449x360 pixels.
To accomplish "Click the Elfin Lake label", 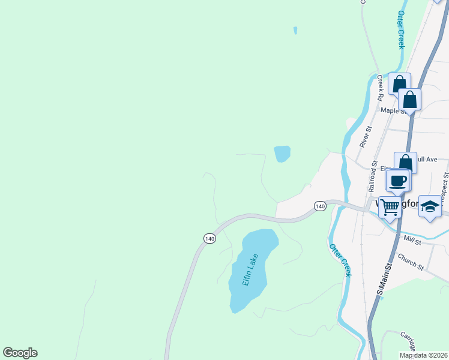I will click(x=250, y=271).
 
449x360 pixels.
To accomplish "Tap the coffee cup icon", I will click(x=397, y=181).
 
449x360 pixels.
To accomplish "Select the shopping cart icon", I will click(x=390, y=209).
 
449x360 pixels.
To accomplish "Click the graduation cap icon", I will click(x=429, y=207).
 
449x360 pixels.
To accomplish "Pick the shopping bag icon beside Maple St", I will click(x=409, y=100).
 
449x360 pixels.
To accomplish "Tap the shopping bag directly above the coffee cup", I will click(x=405, y=163).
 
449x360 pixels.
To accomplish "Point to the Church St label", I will click(x=411, y=262).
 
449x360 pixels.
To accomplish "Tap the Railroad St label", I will click(x=373, y=175).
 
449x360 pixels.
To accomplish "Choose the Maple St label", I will click(x=393, y=110).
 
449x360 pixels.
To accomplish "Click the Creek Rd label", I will click(x=380, y=88).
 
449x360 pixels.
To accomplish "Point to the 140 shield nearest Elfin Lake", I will click(x=209, y=238).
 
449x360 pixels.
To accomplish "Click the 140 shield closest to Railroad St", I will click(x=320, y=206).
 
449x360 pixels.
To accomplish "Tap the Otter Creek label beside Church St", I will click(x=339, y=260).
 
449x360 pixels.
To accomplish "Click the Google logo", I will click(x=20, y=353).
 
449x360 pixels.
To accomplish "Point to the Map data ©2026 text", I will click(x=423, y=355).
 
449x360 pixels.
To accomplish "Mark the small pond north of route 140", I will click(x=282, y=154).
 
